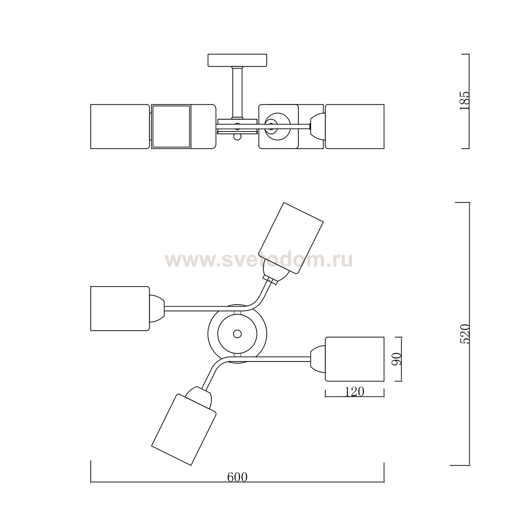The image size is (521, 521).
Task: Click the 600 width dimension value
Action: pos(237,477)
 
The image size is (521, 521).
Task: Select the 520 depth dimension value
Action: pos(465,333)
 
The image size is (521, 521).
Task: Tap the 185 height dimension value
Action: pos(465,101)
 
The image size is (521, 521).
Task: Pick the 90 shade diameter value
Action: pos(397,359)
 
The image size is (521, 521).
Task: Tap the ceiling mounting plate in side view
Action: pos(237,60)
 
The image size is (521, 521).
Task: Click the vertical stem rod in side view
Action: pos(237,92)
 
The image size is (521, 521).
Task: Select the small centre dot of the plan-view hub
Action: pos(237,334)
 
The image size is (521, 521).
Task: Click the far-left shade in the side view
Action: pos(120,127)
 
